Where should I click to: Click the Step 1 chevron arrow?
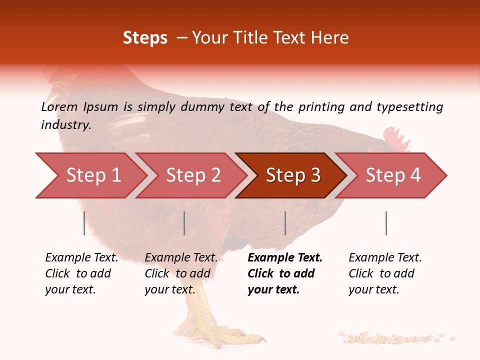tap(90, 175)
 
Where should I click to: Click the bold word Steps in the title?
tap(145, 37)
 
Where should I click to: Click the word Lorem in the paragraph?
tap(58, 106)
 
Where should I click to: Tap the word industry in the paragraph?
tap(65, 124)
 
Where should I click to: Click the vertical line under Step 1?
tap(84, 223)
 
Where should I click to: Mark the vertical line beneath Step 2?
tap(184, 223)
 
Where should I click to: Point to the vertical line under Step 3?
tap(285, 223)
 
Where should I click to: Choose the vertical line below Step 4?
tap(386, 223)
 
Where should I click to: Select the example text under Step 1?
tap(81, 273)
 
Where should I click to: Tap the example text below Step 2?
tap(181, 273)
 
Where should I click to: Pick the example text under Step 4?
tap(384, 273)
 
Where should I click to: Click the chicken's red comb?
tap(395, 139)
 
